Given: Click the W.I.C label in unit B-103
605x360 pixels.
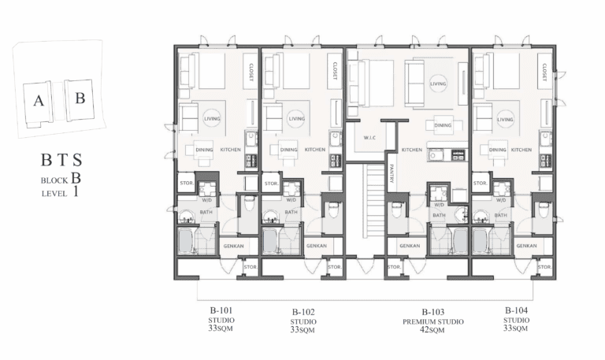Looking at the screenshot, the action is click(x=369, y=138).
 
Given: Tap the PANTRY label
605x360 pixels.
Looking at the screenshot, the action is click(x=392, y=173).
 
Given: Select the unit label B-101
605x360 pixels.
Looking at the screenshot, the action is click(x=221, y=310).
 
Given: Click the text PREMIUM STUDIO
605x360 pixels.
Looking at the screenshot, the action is click(x=433, y=322).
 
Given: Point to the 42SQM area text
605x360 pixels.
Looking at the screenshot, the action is click(x=432, y=330).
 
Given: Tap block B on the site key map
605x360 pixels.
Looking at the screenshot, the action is click(x=80, y=99).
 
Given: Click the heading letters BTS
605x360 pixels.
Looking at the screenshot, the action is click(x=61, y=159).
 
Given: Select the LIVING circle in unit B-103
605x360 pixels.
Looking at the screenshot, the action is click(x=438, y=84).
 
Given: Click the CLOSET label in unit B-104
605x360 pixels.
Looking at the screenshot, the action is click(x=544, y=72).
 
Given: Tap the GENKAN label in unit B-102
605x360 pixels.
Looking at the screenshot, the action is click(x=317, y=246).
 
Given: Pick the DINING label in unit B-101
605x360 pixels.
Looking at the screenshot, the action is click(x=204, y=150).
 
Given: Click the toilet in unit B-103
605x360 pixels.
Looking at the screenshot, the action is click(x=397, y=210).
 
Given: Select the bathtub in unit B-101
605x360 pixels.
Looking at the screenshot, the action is click(x=186, y=241).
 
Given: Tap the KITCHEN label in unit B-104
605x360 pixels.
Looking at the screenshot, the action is click(x=521, y=150).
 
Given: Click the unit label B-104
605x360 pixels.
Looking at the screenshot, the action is click(x=516, y=310).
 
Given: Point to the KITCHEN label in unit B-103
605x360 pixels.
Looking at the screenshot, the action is click(x=412, y=150).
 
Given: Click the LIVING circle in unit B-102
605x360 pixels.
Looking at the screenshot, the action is click(x=296, y=119).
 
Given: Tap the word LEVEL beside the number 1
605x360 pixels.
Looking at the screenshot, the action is click(x=54, y=194).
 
